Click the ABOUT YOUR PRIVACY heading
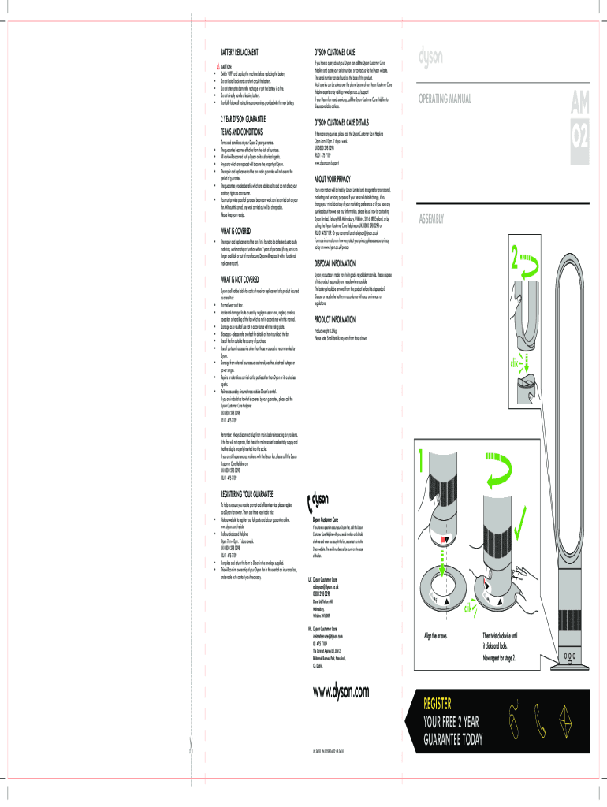click(338, 179)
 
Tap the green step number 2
click(516, 256)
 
